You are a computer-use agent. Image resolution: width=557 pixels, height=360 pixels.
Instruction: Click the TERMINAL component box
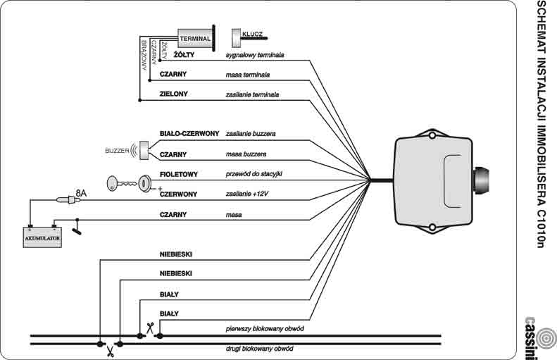tap(194, 38)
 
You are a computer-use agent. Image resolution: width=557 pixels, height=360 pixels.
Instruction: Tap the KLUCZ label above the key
tap(252, 34)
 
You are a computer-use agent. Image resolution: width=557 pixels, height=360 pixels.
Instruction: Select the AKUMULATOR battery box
tap(42, 237)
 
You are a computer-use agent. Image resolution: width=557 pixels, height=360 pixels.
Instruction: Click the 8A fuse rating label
tap(81, 193)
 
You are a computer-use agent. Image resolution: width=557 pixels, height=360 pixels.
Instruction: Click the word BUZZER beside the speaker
tap(117, 151)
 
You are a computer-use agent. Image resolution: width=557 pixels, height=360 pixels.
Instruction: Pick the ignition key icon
tap(121, 183)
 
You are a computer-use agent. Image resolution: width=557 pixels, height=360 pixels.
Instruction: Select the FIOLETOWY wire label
tap(179, 174)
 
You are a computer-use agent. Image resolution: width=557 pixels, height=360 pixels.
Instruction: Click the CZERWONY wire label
tap(178, 194)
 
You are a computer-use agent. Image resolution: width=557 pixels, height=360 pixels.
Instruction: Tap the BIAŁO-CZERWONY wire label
tap(189, 134)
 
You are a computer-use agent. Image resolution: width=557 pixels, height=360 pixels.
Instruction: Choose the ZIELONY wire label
tap(174, 94)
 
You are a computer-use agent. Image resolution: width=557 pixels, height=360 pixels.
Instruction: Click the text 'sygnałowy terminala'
tap(255, 55)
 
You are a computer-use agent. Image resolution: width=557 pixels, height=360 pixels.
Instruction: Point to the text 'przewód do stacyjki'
tap(254, 174)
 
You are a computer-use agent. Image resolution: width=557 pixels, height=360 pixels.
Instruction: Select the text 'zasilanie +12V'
tap(247, 194)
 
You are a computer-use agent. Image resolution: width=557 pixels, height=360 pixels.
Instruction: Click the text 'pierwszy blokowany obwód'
tap(265, 329)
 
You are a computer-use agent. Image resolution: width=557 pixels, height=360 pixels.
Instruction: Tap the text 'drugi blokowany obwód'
tap(259, 349)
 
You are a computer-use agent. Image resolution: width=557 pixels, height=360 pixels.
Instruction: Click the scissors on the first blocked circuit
tap(150, 328)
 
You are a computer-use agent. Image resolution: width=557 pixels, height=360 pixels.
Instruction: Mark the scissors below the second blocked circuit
tap(110, 352)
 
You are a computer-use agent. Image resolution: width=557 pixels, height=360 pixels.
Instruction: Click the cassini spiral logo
tap(546, 337)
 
